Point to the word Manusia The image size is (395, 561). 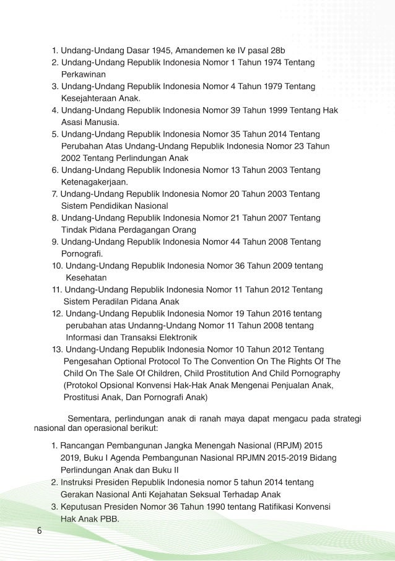coord(101,121)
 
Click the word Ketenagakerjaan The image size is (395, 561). coord(95,181)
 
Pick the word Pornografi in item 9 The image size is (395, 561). coord(82,254)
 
